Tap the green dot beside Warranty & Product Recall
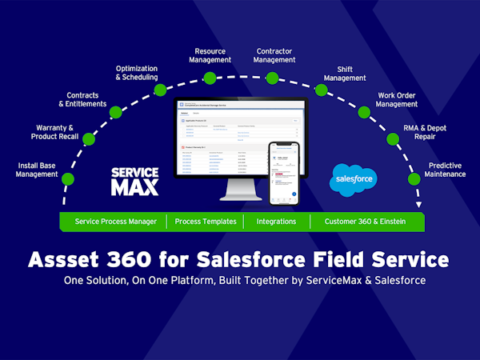[x=89, y=138]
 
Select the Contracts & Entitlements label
[x=82, y=100]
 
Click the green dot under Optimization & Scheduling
[x=160, y=90]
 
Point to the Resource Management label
[x=210, y=55]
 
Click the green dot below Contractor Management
[x=272, y=78]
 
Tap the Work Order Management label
[x=398, y=100]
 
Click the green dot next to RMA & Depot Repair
[x=394, y=138]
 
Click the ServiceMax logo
[x=134, y=182]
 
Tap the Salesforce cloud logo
[x=352, y=179]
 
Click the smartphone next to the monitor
[x=284, y=173]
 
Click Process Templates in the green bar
[x=206, y=221]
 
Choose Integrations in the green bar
[x=270, y=221]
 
